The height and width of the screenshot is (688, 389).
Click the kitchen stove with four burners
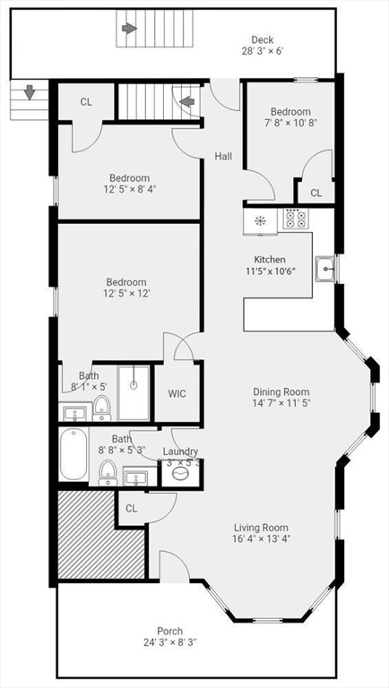click(295, 219)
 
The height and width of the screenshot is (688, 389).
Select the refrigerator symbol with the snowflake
click(260, 220)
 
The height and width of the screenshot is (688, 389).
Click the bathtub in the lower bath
click(73, 454)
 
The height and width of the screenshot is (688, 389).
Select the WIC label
click(177, 393)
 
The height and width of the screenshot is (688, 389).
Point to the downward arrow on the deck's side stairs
click(29, 92)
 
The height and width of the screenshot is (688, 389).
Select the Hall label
click(223, 157)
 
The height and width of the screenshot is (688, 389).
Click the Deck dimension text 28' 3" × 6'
click(262, 51)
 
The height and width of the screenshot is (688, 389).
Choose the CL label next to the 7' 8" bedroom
click(316, 193)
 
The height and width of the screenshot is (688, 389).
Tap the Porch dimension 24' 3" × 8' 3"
click(170, 642)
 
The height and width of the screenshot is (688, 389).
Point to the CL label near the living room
click(131, 508)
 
